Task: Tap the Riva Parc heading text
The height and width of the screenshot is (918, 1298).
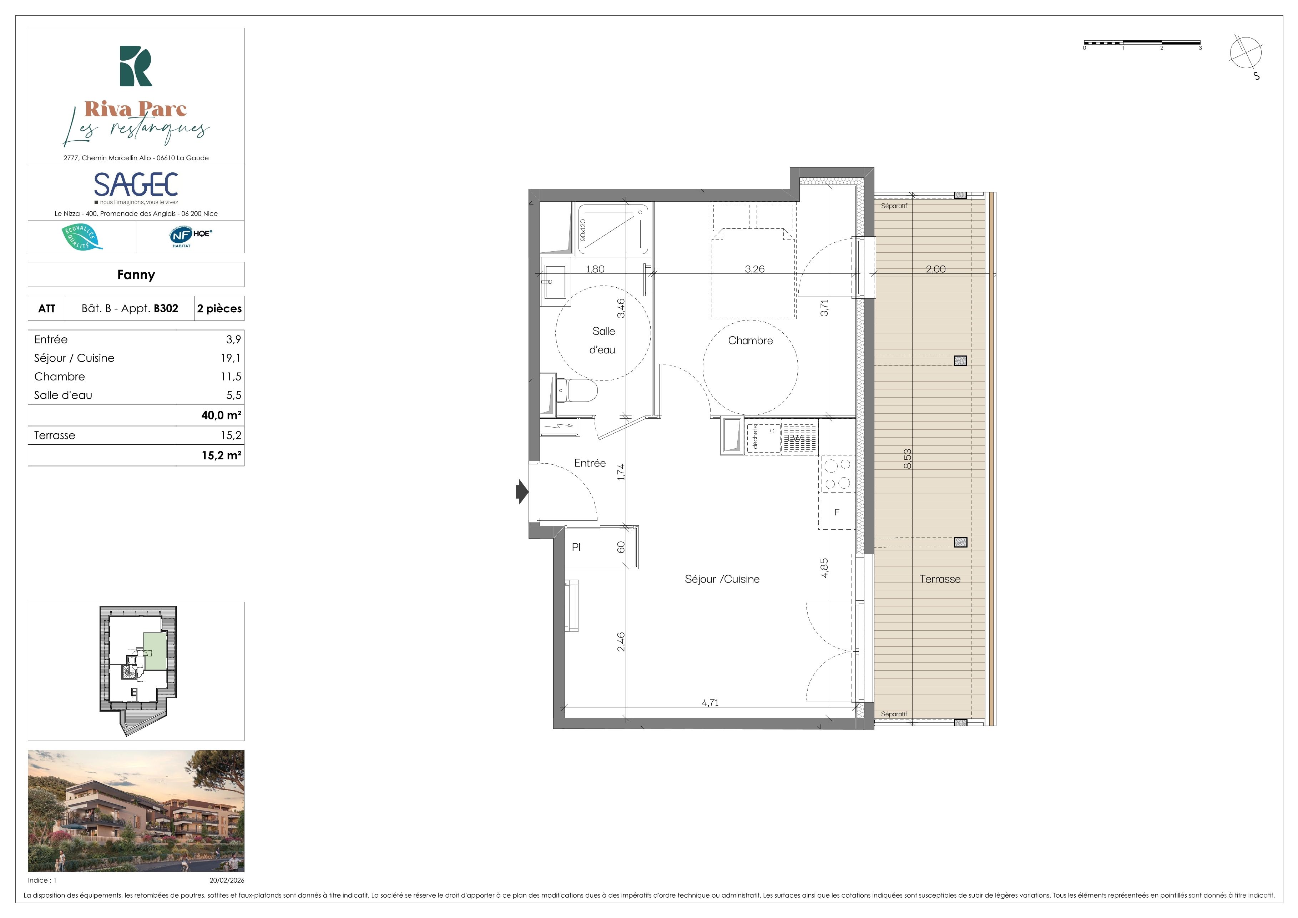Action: coord(136,109)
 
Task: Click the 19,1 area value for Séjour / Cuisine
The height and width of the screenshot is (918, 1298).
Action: coord(231,358)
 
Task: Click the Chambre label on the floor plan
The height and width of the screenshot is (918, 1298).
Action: coord(750,340)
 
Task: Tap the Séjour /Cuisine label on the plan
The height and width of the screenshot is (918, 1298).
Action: coord(722,579)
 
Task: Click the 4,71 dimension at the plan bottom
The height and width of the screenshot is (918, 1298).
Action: coord(710,703)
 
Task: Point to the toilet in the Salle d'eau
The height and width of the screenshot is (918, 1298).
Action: coord(577,390)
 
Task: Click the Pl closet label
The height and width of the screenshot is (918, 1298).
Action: coord(576,547)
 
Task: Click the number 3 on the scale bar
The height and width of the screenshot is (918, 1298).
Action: coord(1200,48)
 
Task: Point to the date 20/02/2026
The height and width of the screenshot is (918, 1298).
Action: coord(227,880)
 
